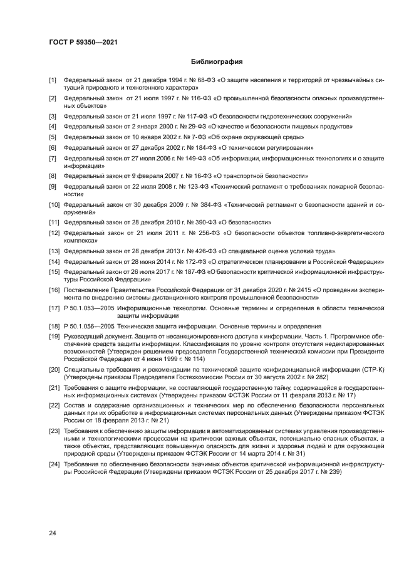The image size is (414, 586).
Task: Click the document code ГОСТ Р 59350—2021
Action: click(x=83, y=43)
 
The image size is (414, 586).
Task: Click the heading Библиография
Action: click(x=217, y=62)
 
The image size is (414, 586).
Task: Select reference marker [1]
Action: click(x=53, y=81)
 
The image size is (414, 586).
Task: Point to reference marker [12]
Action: click(x=54, y=233)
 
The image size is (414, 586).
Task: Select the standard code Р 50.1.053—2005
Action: click(x=88, y=308)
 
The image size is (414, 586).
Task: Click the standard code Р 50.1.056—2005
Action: click(x=88, y=326)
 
